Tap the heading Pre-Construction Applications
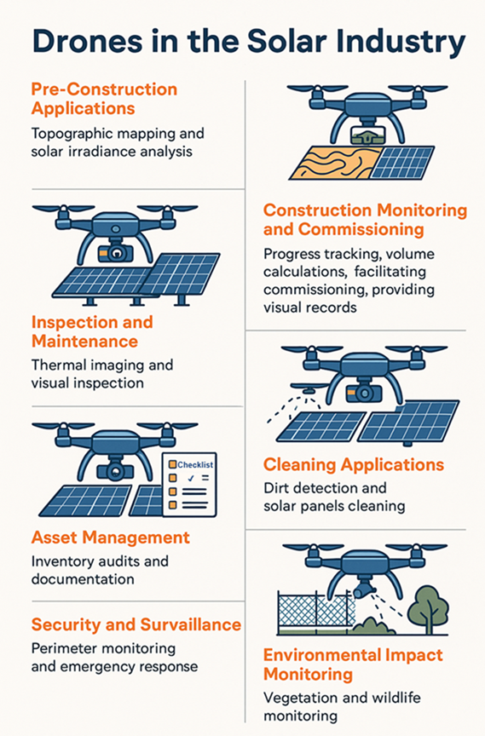[x=104, y=99]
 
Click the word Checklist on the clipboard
[x=195, y=465]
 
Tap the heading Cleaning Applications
[x=354, y=465]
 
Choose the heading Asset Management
[x=110, y=538]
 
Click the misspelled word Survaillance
[x=191, y=624]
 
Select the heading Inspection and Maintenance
[x=92, y=331]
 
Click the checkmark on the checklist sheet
[x=191, y=478]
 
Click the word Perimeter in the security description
[x=64, y=649]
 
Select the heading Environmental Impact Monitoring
[x=353, y=664]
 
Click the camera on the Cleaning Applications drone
[x=364, y=394]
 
